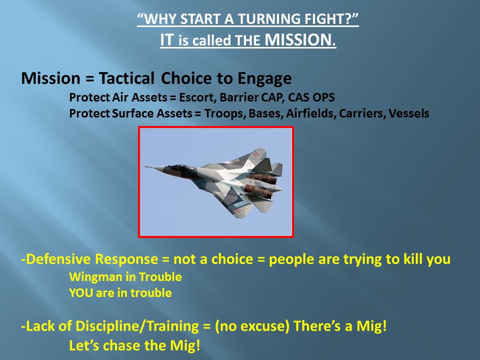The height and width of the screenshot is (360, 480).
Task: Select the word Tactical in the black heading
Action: pos(126,78)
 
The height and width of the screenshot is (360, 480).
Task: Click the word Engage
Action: pos(264,78)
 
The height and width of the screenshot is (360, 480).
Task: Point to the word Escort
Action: pos(198,97)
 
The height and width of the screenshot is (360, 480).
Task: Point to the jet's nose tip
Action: pos(145,166)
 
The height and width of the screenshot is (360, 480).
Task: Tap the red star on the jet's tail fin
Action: pos(256,154)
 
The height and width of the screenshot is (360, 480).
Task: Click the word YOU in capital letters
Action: pos(81,293)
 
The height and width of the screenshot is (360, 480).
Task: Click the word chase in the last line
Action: pos(121,345)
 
